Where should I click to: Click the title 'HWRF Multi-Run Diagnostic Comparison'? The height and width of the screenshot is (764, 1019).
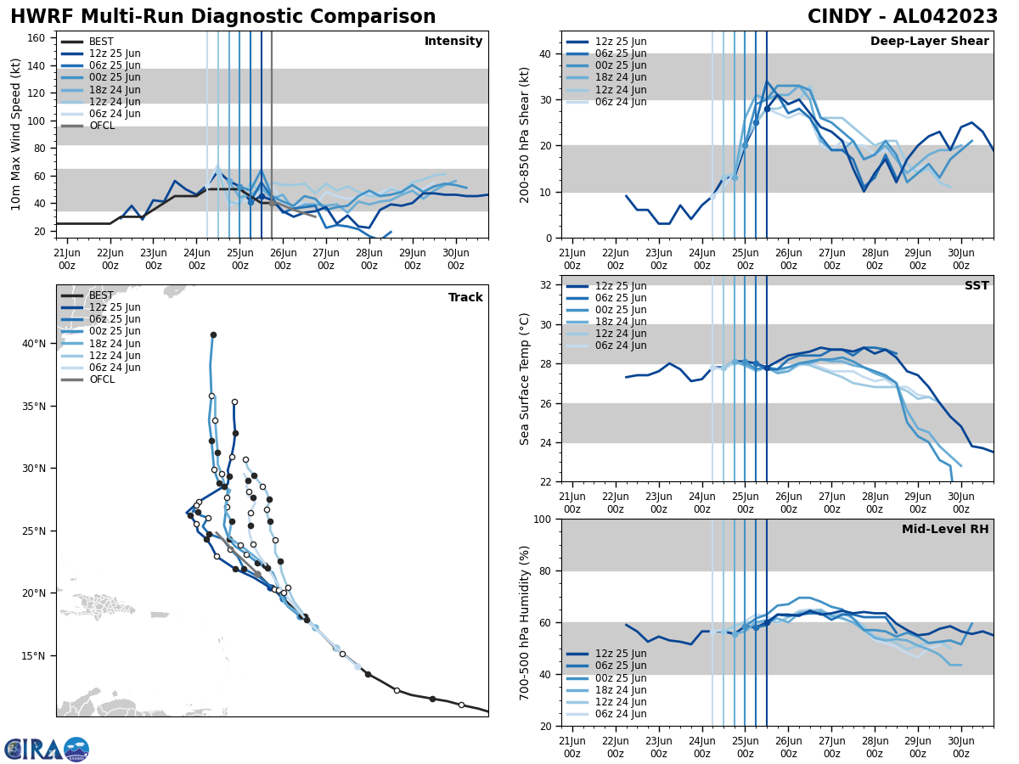pos(222,17)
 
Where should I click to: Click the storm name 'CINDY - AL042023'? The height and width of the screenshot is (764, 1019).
pos(903,17)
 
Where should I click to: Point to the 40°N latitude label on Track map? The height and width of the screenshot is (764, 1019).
pos(33,344)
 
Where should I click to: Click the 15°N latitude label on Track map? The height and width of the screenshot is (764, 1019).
pos(33,655)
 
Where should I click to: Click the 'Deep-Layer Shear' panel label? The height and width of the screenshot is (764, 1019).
pos(929,42)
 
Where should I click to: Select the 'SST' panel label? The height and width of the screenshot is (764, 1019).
pos(977,286)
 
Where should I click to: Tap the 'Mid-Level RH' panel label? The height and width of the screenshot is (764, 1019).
pos(945,530)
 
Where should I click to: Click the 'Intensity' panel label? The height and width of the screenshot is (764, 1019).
pos(453,42)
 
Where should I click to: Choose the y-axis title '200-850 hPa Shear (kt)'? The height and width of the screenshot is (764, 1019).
pos(525,134)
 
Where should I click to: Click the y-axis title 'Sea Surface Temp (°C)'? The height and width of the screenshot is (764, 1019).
pos(525,379)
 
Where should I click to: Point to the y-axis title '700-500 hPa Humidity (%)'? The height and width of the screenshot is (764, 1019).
pos(525,622)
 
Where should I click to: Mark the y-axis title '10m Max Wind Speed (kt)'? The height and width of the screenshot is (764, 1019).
pos(16,134)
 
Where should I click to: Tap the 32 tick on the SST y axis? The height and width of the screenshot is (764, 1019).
pos(547,285)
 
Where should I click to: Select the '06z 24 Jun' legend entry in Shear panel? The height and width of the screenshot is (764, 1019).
pos(622,102)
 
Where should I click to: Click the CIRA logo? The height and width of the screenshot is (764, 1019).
pos(46,749)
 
